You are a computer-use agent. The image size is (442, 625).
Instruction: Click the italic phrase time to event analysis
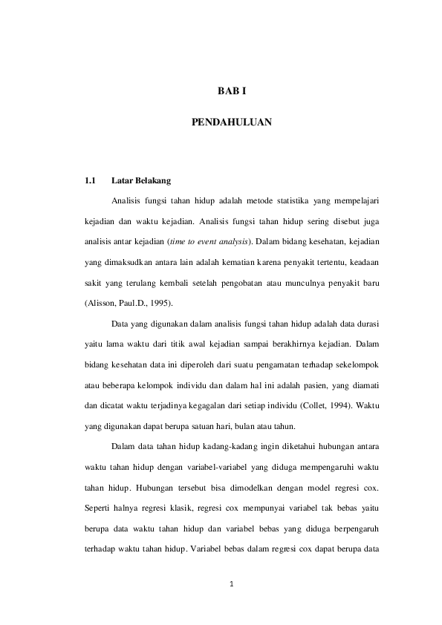(x=210, y=241)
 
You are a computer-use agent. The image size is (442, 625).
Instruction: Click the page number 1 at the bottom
(x=232, y=583)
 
